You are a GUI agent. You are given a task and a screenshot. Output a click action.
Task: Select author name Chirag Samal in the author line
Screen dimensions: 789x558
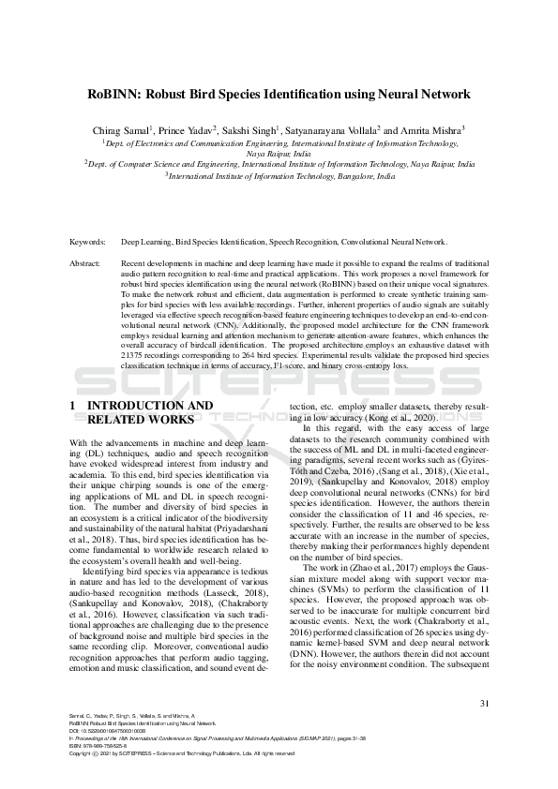pos(121,131)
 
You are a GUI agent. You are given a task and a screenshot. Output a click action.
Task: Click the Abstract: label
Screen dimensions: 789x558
pos(86,264)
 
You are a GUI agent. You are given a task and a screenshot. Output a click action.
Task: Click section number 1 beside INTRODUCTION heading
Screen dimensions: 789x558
pos(73,406)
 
